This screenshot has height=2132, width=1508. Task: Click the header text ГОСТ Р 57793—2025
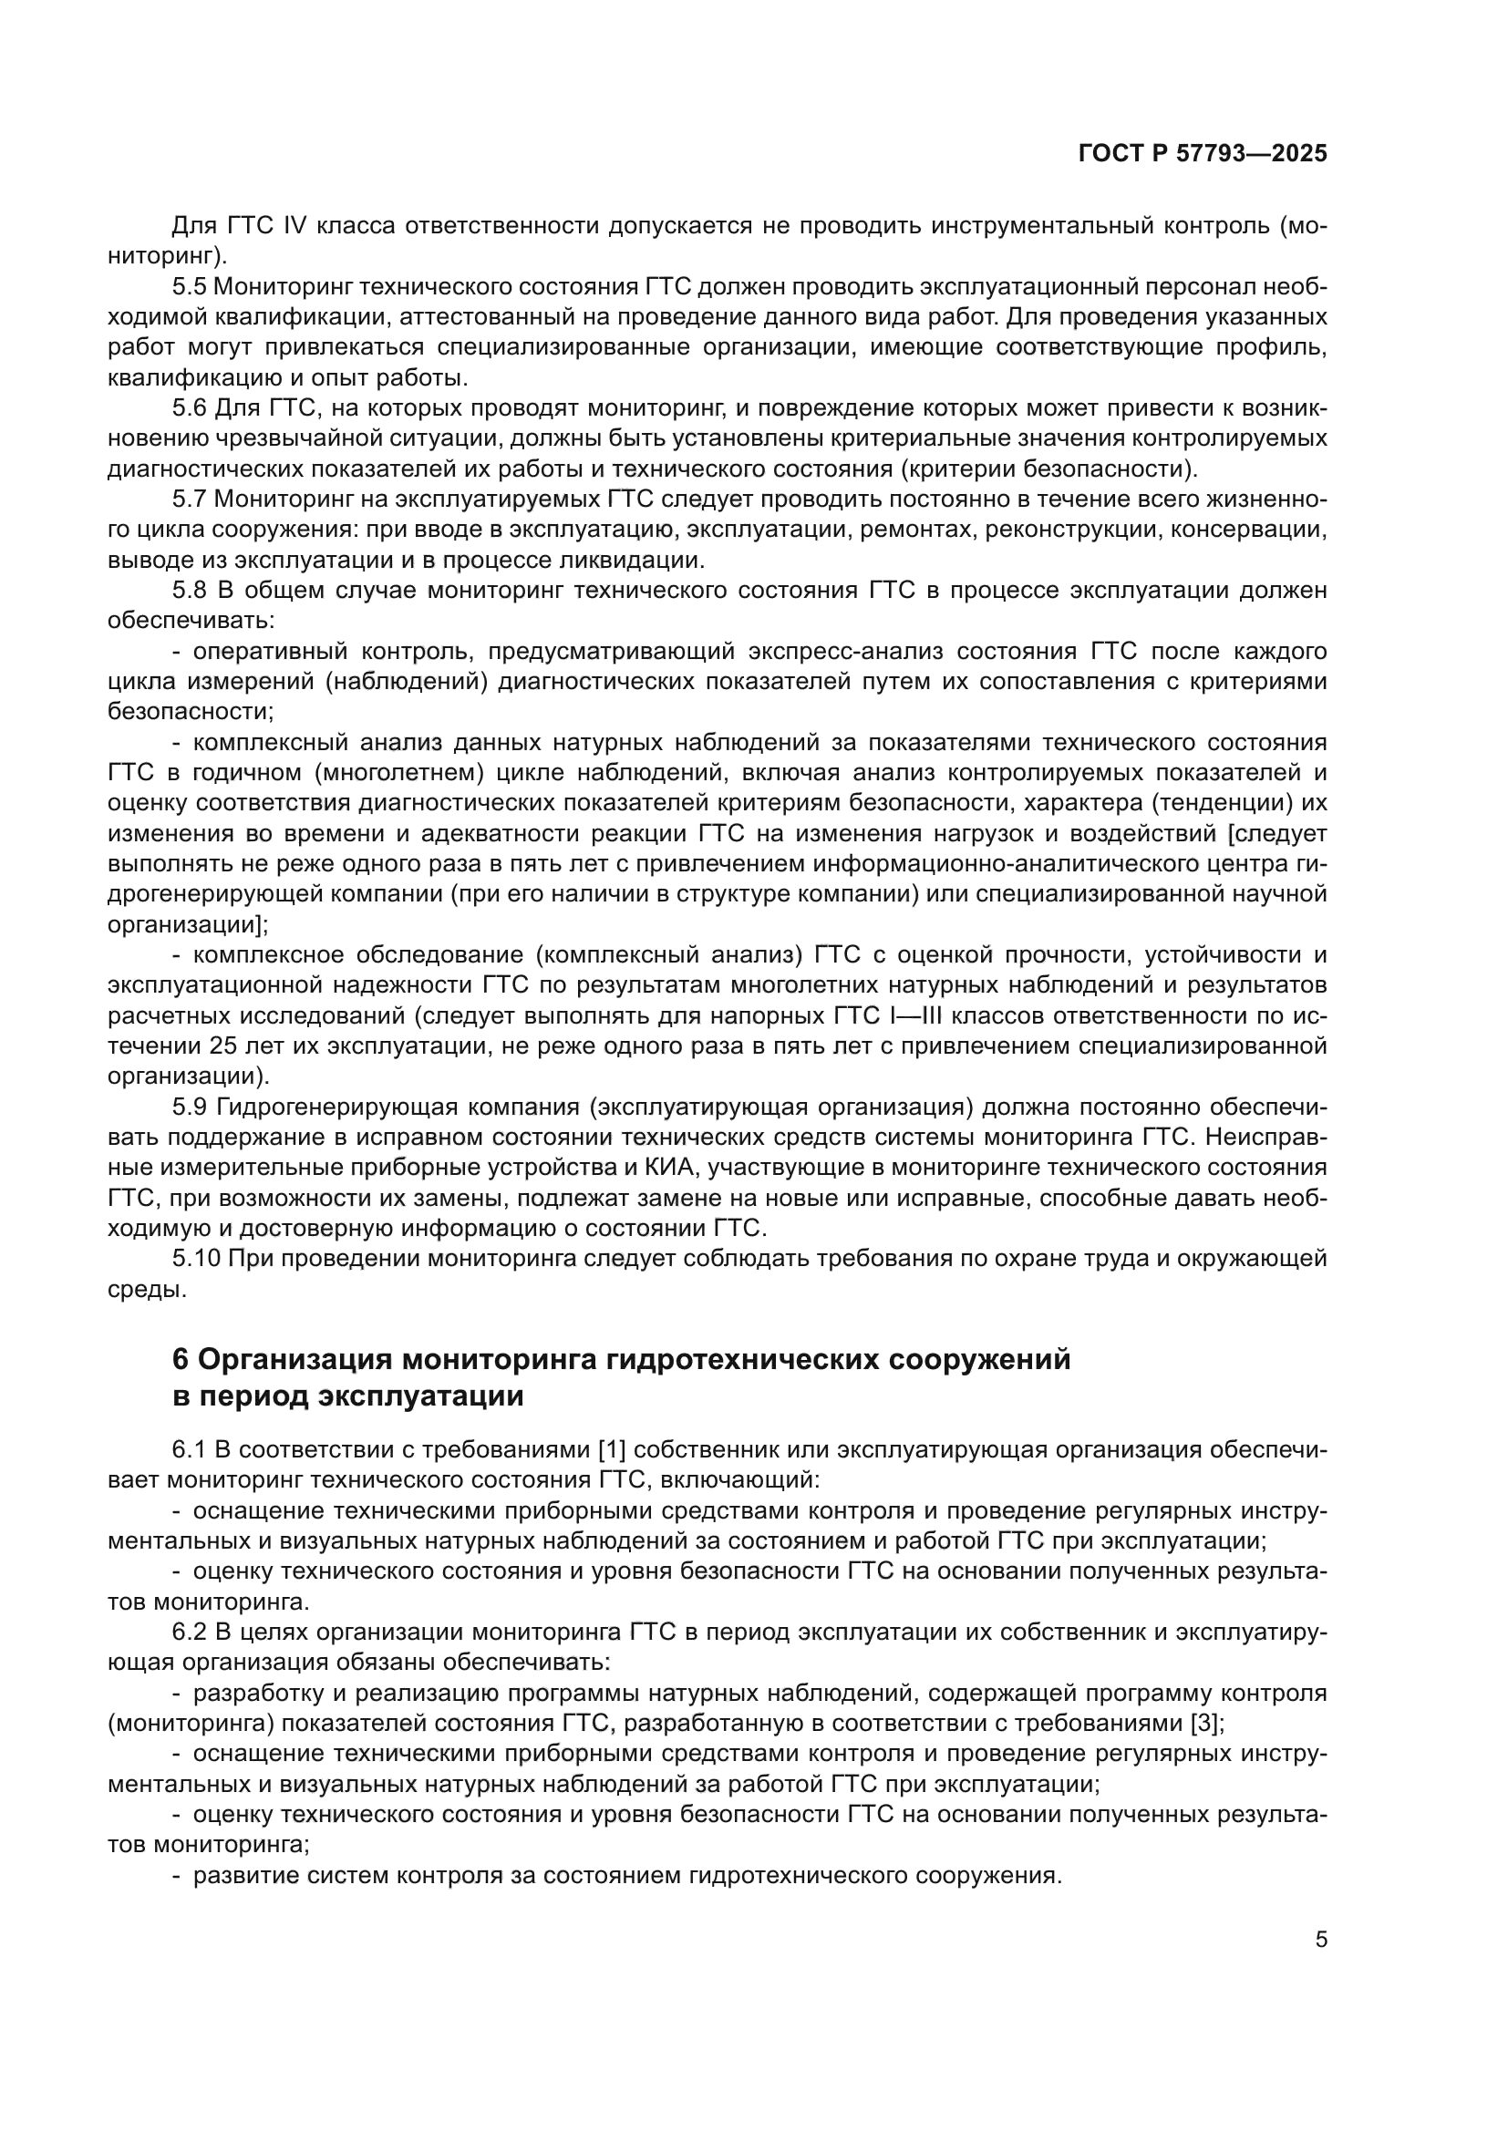(x=1203, y=154)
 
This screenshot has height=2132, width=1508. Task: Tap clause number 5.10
(x=195, y=1259)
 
